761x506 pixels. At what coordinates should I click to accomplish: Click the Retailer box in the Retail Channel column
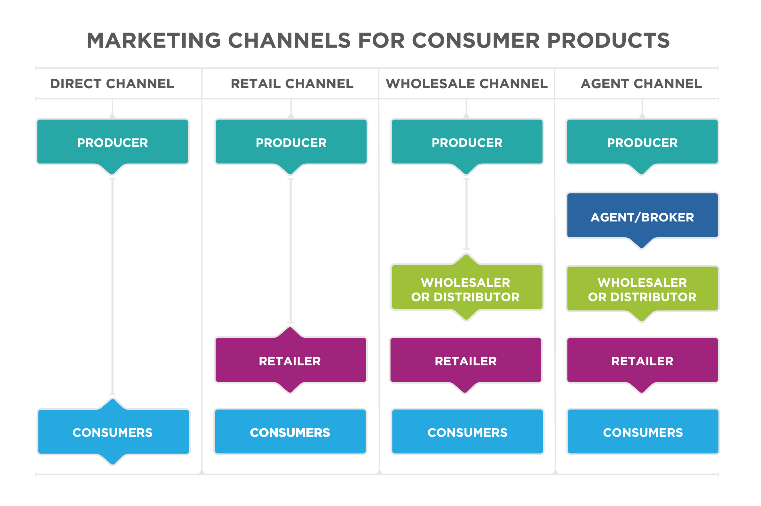(290, 361)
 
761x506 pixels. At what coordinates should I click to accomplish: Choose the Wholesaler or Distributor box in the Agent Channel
(642, 289)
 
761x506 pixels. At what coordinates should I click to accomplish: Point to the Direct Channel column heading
(112, 83)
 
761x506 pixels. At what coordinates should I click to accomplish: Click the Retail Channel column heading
(292, 83)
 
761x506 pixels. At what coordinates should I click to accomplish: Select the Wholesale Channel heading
(466, 83)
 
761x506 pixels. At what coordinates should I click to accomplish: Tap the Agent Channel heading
(641, 83)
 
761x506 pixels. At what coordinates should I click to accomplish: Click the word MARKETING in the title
(154, 41)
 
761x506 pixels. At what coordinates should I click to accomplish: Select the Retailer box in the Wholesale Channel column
(465, 361)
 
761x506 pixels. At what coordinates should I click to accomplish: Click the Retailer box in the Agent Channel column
(642, 361)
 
